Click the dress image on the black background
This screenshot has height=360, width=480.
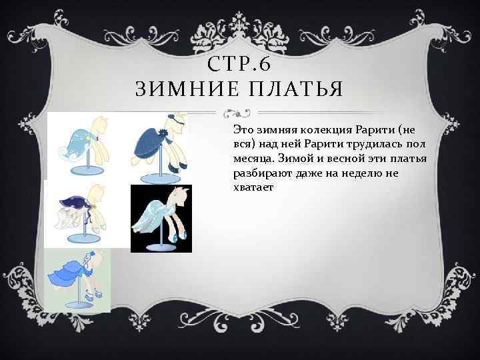(161, 218)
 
